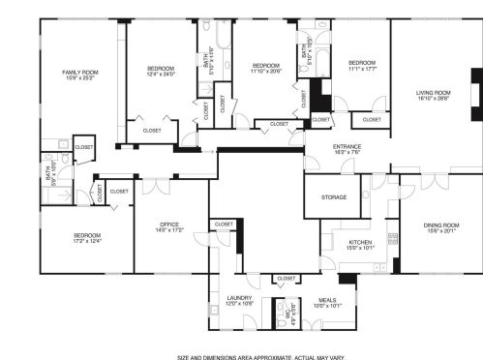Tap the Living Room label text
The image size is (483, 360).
(x=434, y=92)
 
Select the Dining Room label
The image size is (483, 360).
(x=440, y=225)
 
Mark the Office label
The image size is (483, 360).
(x=169, y=224)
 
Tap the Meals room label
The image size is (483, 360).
(x=327, y=300)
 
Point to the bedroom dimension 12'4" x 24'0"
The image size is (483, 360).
(x=161, y=74)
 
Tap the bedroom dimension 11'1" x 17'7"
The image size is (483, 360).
(x=360, y=67)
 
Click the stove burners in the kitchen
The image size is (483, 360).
(x=392, y=236)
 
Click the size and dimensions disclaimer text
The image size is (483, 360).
(x=260, y=355)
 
